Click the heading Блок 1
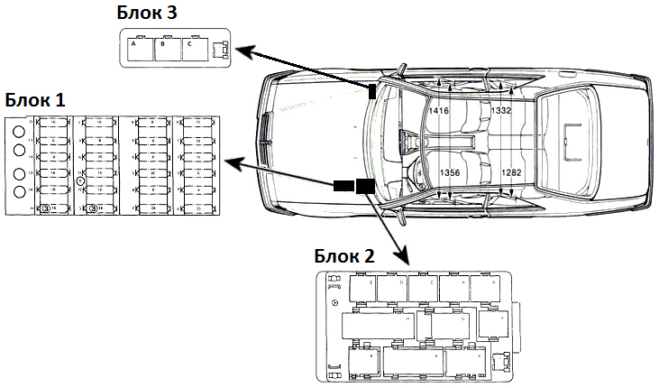[35, 97]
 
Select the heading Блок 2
[344, 255]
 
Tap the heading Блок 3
[146, 13]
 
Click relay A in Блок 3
[141, 49]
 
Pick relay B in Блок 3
[168, 49]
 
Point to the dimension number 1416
[439, 110]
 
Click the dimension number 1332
[501, 110]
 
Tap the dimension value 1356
[450, 172]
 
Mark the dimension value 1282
[511, 172]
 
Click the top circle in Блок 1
[19, 130]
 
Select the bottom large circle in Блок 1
[19, 192]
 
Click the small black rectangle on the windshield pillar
[371, 89]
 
